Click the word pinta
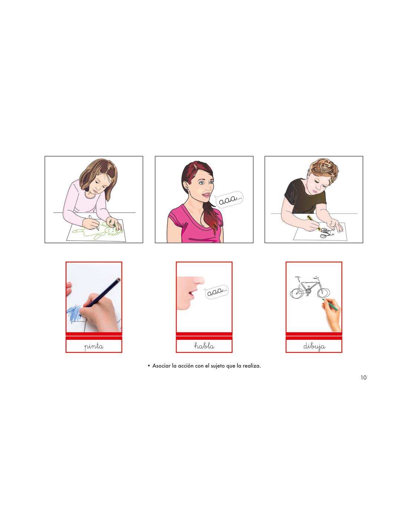tap(94, 346)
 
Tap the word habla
tap(204, 346)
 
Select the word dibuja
tap(314, 346)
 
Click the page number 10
tap(363, 377)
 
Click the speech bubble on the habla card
tap(217, 292)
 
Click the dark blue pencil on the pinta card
tap(102, 292)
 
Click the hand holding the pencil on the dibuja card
tap(332, 313)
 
